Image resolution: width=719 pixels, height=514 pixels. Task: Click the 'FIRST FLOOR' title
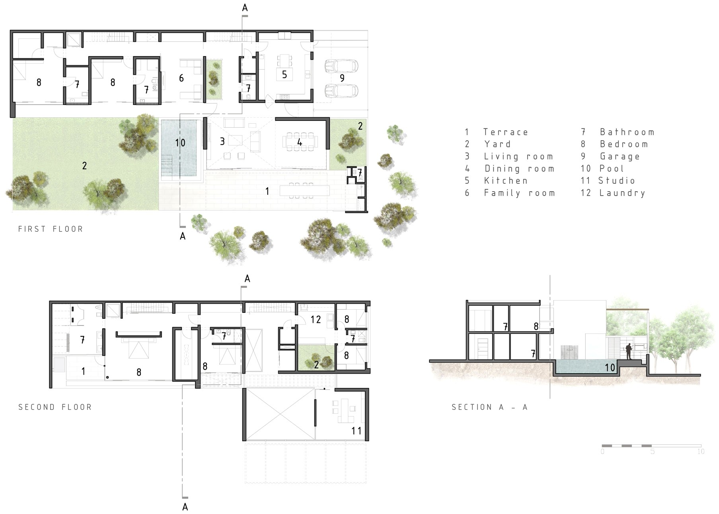51,229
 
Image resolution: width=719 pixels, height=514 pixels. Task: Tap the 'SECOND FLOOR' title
55,407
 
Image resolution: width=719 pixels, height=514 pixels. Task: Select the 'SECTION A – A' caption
489,407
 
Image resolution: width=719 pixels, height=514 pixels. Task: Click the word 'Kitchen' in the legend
506,180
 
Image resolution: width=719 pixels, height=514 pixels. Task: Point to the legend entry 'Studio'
617,180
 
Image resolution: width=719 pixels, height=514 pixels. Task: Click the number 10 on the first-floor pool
180,143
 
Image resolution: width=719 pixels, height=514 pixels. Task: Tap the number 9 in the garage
342,78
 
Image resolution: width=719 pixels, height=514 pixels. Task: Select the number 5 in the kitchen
284,74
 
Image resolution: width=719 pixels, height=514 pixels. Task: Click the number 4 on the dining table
300,142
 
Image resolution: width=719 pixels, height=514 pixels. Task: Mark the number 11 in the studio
357,431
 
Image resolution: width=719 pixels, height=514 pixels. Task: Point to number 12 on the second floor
316,319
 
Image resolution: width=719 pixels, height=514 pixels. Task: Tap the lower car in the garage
341,91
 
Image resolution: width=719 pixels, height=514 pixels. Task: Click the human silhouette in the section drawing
629,351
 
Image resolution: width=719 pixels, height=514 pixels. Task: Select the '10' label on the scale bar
701,452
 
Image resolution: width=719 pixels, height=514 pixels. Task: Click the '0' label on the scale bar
602,452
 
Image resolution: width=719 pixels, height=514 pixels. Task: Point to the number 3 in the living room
222,141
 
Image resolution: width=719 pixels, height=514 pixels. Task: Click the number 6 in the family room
181,78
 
